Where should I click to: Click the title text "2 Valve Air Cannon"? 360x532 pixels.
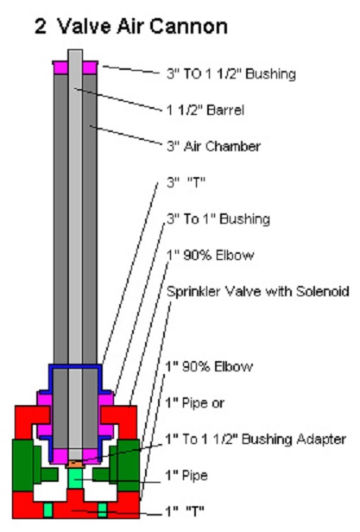[x=131, y=27]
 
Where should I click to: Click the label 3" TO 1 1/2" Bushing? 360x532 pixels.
[x=231, y=73]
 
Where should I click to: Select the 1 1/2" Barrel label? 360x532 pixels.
[x=205, y=110]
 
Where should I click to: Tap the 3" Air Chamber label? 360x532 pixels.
[x=213, y=146]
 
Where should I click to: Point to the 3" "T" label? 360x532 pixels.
[x=186, y=182]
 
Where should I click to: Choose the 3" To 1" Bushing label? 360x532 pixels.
[x=218, y=218]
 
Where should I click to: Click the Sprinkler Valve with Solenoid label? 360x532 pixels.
[x=258, y=291]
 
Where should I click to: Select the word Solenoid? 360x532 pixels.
[x=322, y=291]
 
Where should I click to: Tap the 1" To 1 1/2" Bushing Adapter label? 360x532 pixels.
[x=256, y=439]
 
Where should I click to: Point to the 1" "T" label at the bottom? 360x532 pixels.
[x=185, y=510]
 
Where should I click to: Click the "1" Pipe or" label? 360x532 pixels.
[x=195, y=402]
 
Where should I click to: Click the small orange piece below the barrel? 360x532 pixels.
[x=74, y=463]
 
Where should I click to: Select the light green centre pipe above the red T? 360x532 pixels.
[x=75, y=478]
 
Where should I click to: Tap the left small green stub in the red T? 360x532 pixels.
[x=48, y=510]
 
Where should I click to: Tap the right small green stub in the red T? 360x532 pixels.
[x=102, y=510]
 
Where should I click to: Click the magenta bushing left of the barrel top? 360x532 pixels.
[x=60, y=67]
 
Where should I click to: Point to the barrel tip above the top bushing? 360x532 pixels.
[x=75, y=55]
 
